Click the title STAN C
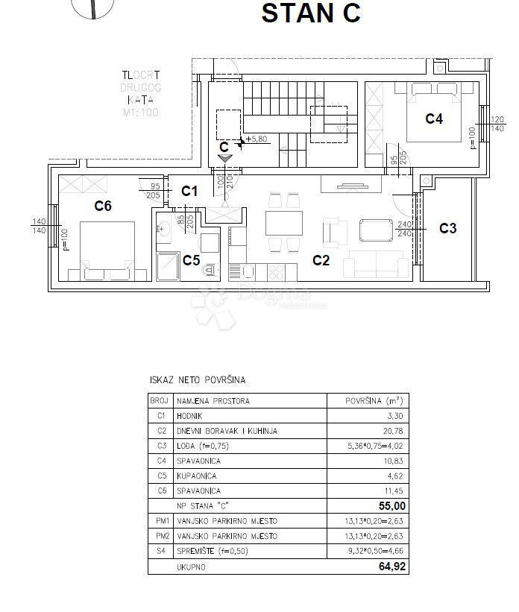[310, 13]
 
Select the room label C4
[434, 118]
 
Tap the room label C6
[103, 206]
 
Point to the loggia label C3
[447, 228]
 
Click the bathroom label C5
[192, 260]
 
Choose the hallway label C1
[189, 192]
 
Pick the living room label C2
[321, 260]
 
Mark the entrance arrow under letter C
[225, 157]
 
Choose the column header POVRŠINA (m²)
[374, 401]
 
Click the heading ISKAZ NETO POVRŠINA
[198, 380]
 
